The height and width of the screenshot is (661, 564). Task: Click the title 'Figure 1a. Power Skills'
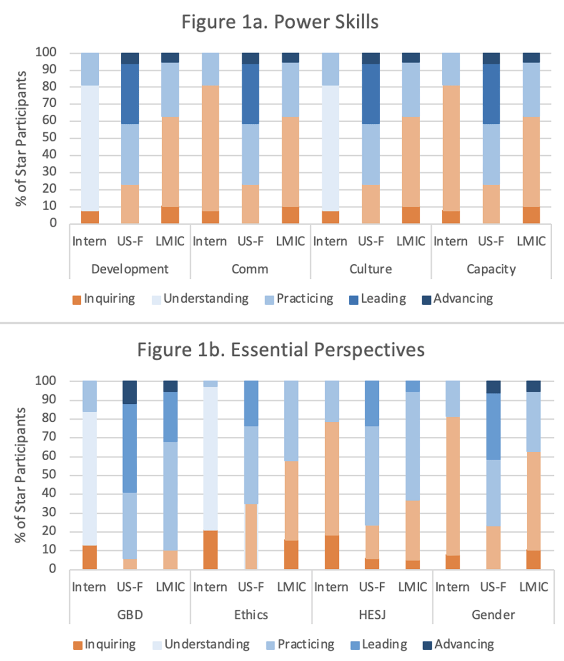click(x=280, y=22)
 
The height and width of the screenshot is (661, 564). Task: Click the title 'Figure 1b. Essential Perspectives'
click(x=281, y=350)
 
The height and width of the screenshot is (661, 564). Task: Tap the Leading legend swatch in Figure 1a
click(x=354, y=300)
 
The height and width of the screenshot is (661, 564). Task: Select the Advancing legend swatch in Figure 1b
click(x=427, y=645)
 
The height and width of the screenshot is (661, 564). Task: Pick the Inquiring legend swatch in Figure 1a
click(x=77, y=300)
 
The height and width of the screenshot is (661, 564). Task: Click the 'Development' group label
click(x=130, y=269)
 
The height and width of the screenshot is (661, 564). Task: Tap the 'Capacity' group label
click(x=491, y=269)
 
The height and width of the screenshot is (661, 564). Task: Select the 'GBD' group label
click(x=130, y=614)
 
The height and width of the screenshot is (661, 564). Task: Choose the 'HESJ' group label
click(x=372, y=614)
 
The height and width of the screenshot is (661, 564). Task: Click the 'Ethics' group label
click(x=251, y=614)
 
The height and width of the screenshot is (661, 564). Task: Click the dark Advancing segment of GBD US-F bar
click(x=130, y=392)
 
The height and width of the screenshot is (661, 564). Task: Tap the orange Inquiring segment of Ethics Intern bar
click(x=211, y=550)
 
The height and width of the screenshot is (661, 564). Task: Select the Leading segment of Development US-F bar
click(x=130, y=94)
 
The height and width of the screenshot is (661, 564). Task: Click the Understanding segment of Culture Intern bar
click(x=330, y=148)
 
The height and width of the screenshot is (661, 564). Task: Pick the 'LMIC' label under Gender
click(x=533, y=587)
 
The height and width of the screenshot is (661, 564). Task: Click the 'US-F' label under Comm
click(x=251, y=241)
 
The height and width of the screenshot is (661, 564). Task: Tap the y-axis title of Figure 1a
click(x=21, y=138)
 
